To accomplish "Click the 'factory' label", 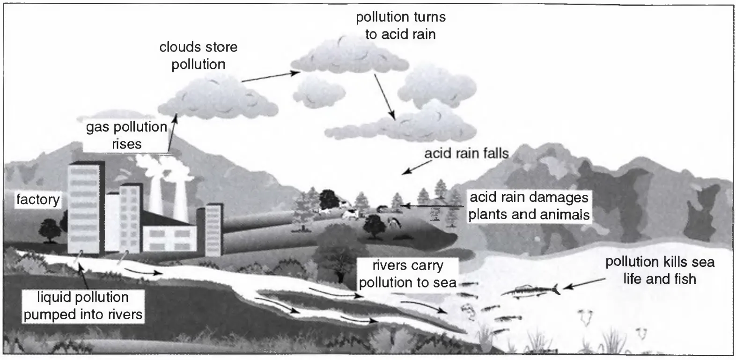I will (x=38, y=200).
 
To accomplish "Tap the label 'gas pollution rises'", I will (x=126, y=135).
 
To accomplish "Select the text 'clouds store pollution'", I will (x=198, y=56).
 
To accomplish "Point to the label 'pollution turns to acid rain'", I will (x=400, y=26).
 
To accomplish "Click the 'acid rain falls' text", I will (x=466, y=154).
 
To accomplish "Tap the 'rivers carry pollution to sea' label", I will (x=407, y=274).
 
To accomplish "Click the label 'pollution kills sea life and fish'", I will (x=660, y=270).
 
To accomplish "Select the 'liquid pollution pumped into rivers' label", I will (x=83, y=305).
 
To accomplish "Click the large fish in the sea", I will (x=529, y=291).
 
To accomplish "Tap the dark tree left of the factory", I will (x=49, y=229).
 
